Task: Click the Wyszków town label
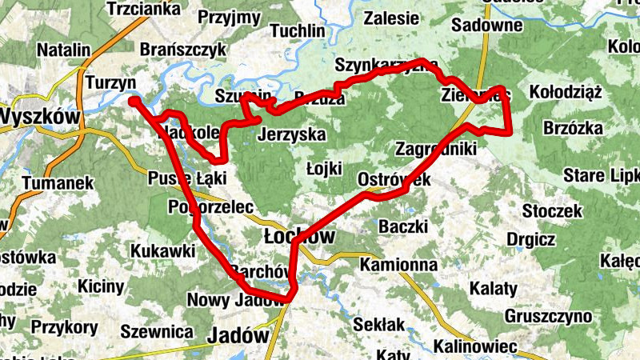pyautogui.click(x=40, y=117)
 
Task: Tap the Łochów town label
pyautogui.click(x=299, y=235)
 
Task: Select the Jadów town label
pyautogui.click(x=238, y=335)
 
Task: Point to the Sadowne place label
pyautogui.click(x=487, y=25)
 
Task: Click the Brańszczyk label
pyautogui.click(x=183, y=50)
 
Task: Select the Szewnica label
pyautogui.click(x=157, y=331)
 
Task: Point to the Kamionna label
pyautogui.click(x=398, y=264)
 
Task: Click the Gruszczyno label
pyautogui.click(x=548, y=316)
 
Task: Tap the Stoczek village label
pyautogui.click(x=551, y=211)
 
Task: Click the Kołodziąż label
pyautogui.click(x=566, y=91)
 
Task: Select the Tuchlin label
pyautogui.click(x=298, y=31)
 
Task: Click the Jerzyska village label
pyautogui.click(x=292, y=134)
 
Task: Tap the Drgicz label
pyautogui.click(x=531, y=238)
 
